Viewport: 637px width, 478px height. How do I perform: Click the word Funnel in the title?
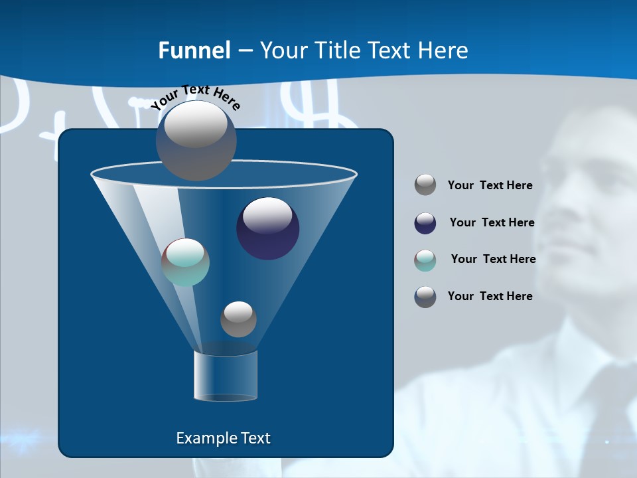tap(194, 50)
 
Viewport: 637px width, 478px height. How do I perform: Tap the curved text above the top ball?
tap(196, 97)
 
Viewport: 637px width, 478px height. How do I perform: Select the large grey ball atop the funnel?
tap(196, 140)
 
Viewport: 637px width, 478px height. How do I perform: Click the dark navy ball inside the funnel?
tap(267, 228)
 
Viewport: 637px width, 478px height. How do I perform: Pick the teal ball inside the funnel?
tap(186, 262)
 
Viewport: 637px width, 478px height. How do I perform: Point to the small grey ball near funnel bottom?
tap(238, 319)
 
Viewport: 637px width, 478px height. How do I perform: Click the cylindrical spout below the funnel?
tap(226, 376)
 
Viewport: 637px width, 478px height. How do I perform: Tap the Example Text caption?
tap(224, 438)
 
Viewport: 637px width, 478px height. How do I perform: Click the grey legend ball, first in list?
tap(425, 185)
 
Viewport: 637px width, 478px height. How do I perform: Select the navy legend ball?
tap(425, 223)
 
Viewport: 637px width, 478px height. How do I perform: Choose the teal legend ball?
tap(425, 260)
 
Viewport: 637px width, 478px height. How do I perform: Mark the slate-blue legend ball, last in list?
tap(425, 297)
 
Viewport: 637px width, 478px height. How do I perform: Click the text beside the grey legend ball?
tap(490, 186)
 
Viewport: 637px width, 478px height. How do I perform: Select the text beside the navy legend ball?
tap(492, 223)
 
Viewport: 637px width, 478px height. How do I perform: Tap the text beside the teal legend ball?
tap(493, 260)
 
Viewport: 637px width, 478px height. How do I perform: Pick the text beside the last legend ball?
tap(490, 297)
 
